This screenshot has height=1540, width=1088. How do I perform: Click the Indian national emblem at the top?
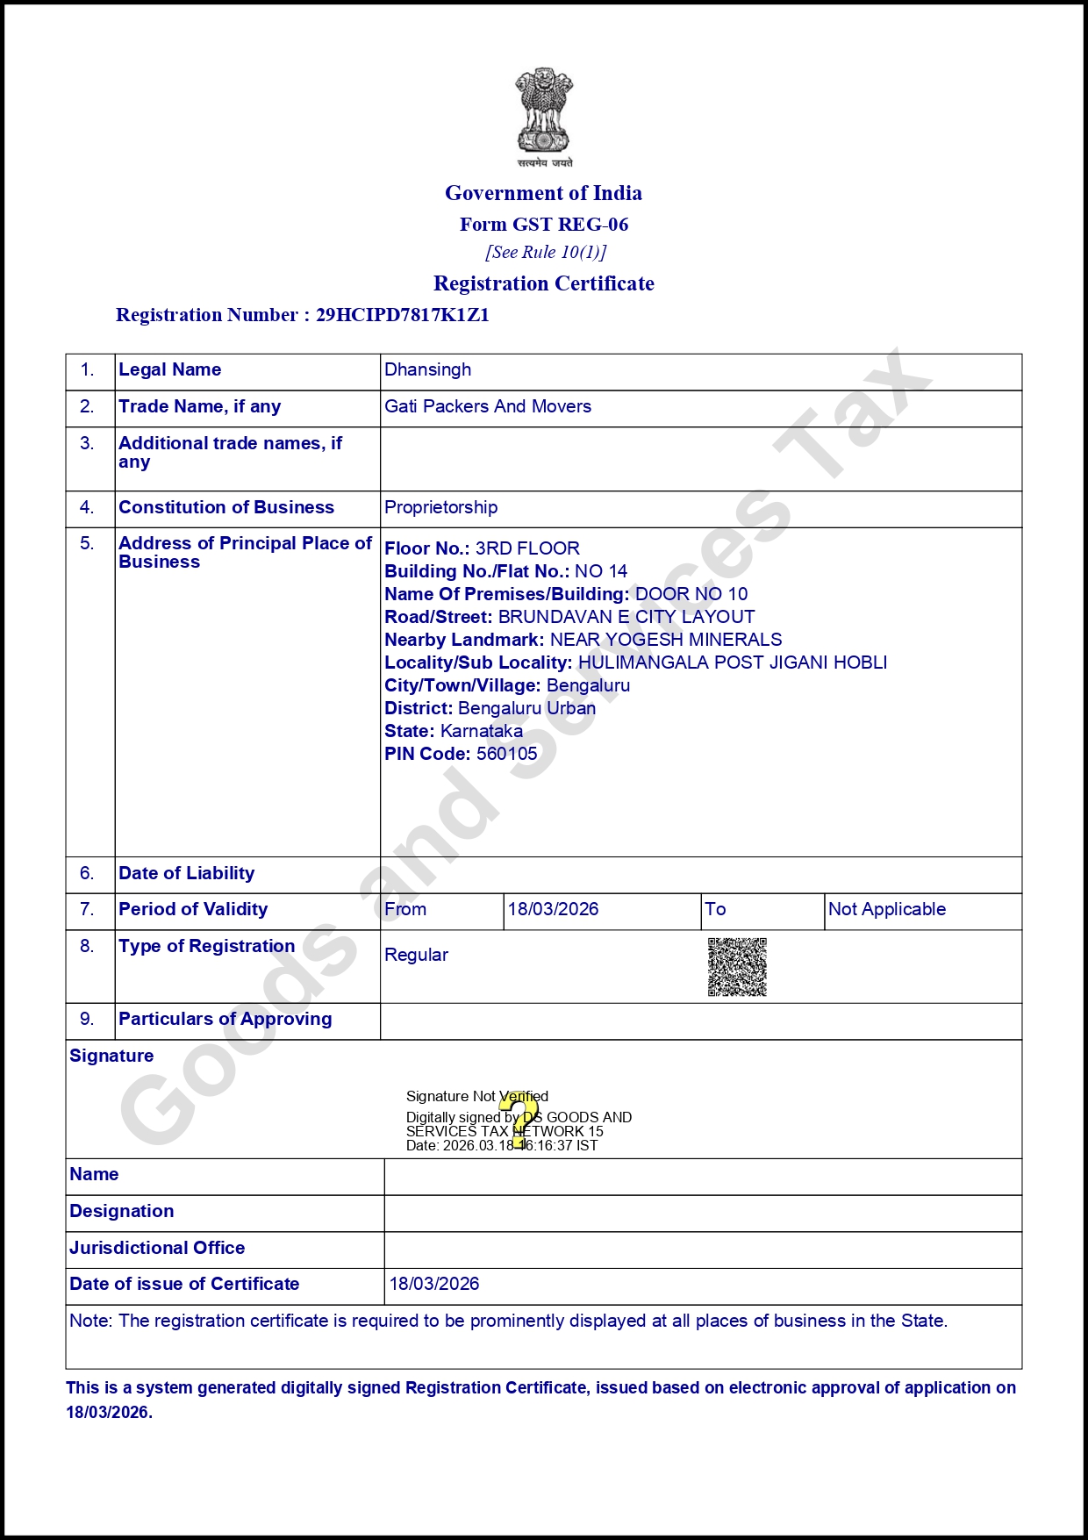(x=543, y=114)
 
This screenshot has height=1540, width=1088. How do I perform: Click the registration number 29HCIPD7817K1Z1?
(x=403, y=315)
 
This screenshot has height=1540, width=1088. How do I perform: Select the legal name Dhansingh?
(x=428, y=369)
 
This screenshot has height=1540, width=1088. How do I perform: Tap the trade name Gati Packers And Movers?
(x=488, y=406)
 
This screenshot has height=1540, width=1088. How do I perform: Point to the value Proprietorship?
(x=440, y=507)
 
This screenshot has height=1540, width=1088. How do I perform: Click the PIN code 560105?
(x=506, y=754)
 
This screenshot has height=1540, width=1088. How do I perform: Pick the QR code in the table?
(x=737, y=967)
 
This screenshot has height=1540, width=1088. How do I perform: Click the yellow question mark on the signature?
(x=524, y=1120)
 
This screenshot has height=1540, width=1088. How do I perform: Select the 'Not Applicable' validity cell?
(x=887, y=909)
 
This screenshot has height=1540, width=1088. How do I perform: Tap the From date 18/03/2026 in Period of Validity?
(x=553, y=909)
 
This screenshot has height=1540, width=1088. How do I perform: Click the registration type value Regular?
(x=416, y=955)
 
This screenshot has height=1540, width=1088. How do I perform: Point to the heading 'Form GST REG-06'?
(x=544, y=225)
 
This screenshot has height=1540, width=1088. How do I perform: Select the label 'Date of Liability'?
(x=187, y=873)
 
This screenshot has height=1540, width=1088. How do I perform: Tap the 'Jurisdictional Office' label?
(x=157, y=1248)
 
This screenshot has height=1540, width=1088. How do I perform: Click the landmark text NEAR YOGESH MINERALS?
(x=665, y=640)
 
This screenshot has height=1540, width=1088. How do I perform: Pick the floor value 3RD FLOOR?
(x=527, y=548)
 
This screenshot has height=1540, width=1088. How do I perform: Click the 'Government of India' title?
(x=543, y=193)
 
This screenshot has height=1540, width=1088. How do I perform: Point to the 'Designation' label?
(x=122, y=1211)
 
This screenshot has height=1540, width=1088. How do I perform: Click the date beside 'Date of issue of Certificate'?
(x=434, y=1284)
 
